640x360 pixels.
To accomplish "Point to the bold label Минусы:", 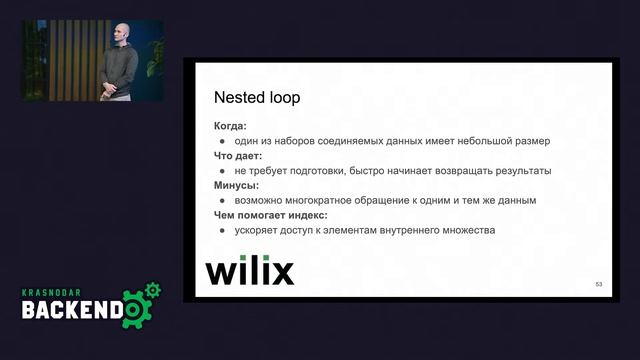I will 236,185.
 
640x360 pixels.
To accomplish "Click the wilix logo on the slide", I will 249,271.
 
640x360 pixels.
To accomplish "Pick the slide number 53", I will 598,285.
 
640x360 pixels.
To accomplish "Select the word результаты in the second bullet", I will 520,170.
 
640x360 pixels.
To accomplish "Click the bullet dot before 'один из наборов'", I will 222,141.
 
